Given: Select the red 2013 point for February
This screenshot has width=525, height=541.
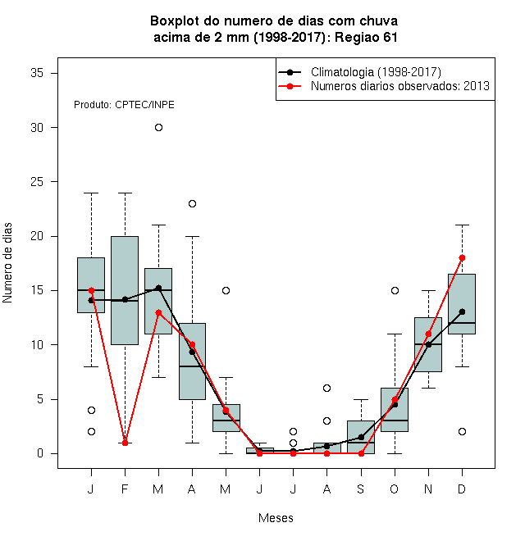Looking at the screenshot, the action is point(125,443).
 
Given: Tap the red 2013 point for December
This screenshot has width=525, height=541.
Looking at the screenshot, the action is point(462,257).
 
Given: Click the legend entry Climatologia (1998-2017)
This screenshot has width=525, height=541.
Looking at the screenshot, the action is point(376,72).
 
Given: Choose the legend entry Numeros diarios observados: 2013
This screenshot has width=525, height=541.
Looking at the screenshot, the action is point(400,86).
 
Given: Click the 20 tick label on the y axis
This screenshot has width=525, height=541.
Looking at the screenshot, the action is point(37,236).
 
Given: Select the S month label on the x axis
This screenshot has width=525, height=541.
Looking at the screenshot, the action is point(361,489).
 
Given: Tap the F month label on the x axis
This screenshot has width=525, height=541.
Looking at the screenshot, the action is point(125,489).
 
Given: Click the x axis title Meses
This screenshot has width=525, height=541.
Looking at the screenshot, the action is point(276,518).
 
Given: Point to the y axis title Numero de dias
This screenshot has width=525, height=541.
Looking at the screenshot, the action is point(7,263).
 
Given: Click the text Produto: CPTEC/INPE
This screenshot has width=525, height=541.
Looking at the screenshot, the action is point(124,105).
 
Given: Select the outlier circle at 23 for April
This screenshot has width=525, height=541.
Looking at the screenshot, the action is point(193,203).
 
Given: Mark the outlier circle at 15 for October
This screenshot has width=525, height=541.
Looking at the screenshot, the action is point(395,290).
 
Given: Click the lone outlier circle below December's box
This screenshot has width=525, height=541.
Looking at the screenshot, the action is point(462,432).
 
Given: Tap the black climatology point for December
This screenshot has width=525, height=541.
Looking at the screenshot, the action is point(462,312).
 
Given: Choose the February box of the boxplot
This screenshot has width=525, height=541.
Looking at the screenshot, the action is point(125,290).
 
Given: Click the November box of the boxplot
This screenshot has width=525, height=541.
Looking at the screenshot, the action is point(428,344).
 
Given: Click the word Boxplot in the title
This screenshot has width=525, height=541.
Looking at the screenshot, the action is point(175,21).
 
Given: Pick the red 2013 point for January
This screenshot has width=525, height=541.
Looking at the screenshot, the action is point(91,290).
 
